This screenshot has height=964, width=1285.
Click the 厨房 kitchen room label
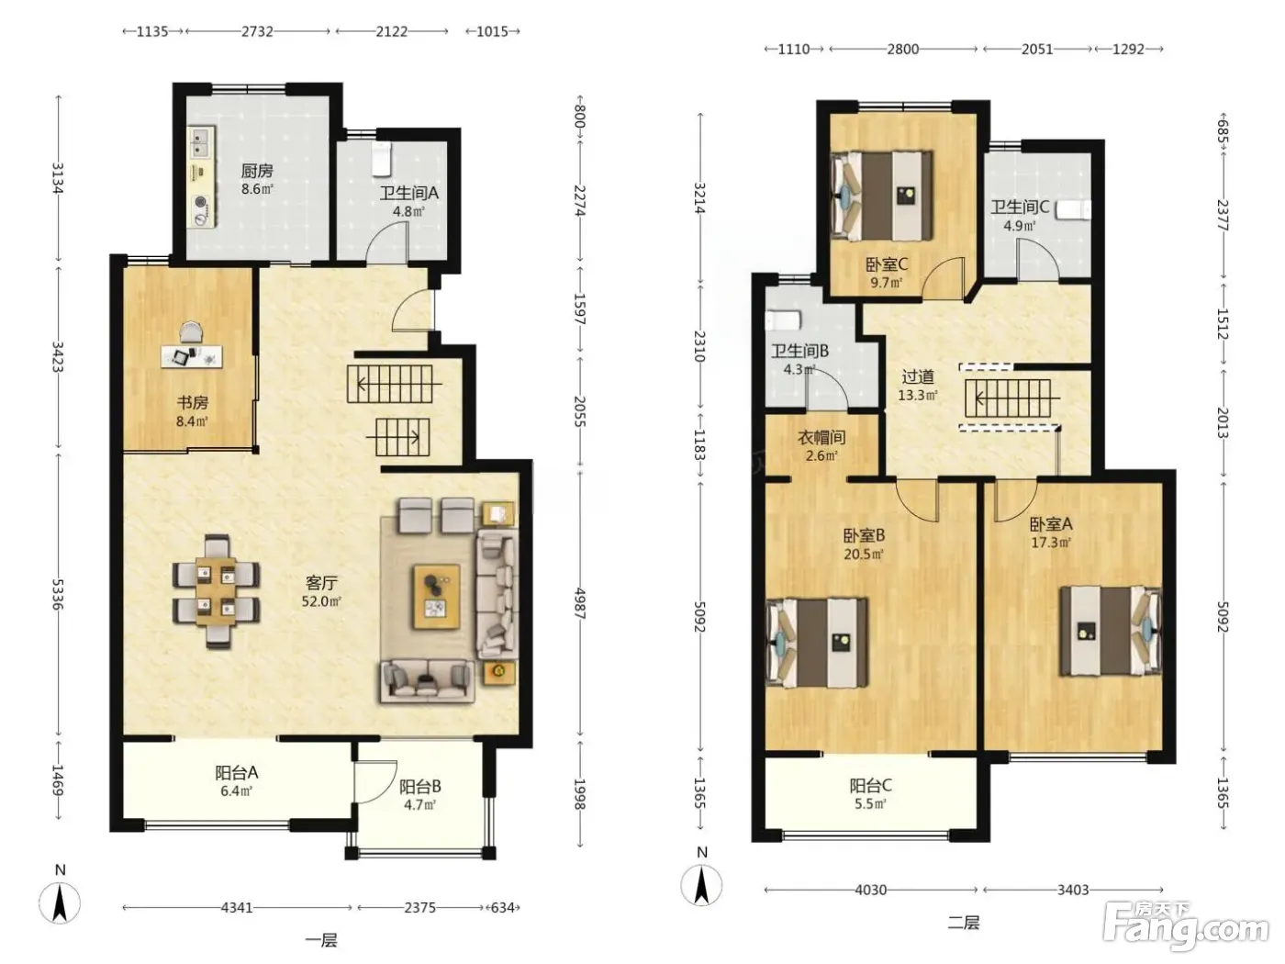pyautogui.click(x=257, y=171)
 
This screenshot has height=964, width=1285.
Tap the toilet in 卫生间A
pyautogui.click(x=382, y=157)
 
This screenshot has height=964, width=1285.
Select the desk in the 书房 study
pyautogui.click(x=192, y=356)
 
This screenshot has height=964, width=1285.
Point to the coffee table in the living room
pyautogui.click(x=436, y=597)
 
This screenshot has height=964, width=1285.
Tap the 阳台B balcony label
pyautogui.click(x=419, y=787)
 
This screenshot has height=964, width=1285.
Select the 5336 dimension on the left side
pyautogui.click(x=58, y=594)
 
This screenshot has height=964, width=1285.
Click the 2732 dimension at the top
pyautogui.click(x=258, y=31)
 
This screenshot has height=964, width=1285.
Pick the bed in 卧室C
pyautogui.click(x=882, y=196)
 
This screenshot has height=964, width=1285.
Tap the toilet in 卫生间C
pyautogui.click(x=1074, y=210)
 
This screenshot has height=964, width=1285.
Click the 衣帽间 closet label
pyautogui.click(x=821, y=437)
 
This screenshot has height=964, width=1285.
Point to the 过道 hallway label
pyautogui.click(x=917, y=376)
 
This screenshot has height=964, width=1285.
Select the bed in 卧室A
pyautogui.click(x=1111, y=631)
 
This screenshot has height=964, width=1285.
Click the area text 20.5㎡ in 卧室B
pyautogui.click(x=864, y=554)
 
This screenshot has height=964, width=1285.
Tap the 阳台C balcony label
pyautogui.click(x=870, y=785)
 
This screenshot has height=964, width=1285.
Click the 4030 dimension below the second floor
pyautogui.click(x=870, y=891)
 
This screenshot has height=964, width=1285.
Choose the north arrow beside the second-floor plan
pyautogui.click(x=702, y=885)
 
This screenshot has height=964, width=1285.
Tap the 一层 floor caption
pyautogui.click(x=321, y=941)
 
